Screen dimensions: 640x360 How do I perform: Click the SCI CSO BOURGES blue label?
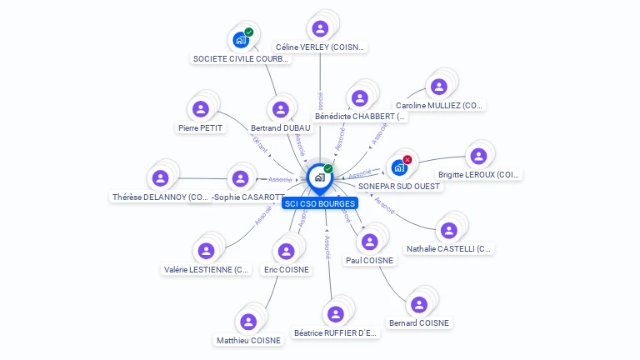click(x=319, y=203)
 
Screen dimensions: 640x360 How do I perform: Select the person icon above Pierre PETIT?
click(x=200, y=109)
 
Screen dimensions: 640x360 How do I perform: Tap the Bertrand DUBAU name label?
click(x=280, y=128)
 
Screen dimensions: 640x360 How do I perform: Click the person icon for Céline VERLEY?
click(x=320, y=29)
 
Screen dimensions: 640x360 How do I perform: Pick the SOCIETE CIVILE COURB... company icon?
click(x=240, y=39)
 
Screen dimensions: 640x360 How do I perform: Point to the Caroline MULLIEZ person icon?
click(x=438, y=87)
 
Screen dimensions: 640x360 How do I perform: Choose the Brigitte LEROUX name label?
click(x=478, y=175)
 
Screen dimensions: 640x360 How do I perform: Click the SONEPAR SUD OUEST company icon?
click(x=399, y=167)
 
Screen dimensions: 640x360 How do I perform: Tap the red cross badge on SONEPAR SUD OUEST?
click(x=407, y=159)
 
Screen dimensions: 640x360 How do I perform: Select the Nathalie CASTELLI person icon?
click(x=449, y=230)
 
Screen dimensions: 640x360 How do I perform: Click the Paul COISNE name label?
click(x=369, y=260)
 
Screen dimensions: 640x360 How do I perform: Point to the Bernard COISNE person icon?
click(x=418, y=304)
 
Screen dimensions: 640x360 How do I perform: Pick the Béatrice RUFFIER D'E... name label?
click(x=336, y=333)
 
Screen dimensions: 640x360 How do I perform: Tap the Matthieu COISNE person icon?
click(x=248, y=322)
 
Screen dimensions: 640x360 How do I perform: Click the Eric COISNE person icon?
click(x=286, y=251)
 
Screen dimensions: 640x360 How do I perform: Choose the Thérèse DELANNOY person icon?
click(x=160, y=178)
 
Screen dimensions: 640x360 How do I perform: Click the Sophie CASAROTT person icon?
click(x=240, y=178)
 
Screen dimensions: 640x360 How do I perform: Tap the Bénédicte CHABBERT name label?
click(x=360, y=117)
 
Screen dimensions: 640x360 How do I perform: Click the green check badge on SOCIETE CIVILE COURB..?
click(x=248, y=32)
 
